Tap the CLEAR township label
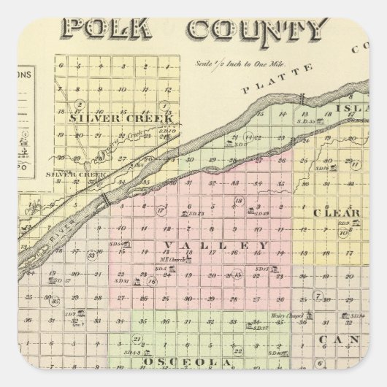pyautogui.click(x=337, y=213)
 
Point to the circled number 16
pyautogui.click(x=151, y=281)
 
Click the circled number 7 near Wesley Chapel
pyautogui.click(x=318, y=296)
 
